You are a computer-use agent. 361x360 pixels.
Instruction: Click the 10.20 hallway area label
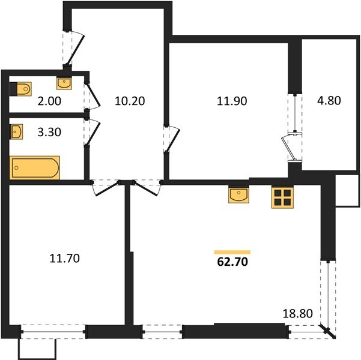coord(130,101)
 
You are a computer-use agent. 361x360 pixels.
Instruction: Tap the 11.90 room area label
coord(232,101)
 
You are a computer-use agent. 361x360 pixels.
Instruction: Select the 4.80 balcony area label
coord(329,101)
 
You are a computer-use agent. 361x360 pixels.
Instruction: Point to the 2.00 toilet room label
coord(49,101)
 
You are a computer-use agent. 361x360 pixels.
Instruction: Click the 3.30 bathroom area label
coord(49,132)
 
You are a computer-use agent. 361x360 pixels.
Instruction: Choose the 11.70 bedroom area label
coord(64,258)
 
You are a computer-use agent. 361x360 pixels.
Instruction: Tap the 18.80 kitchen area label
coord(297,313)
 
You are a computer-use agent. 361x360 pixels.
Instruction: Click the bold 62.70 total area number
coord(232,262)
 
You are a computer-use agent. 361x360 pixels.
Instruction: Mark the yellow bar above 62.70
coord(232,252)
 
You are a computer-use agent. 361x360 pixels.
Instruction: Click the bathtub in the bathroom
coord(35,167)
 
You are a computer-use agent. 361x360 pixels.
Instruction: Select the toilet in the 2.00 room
coord(20,89)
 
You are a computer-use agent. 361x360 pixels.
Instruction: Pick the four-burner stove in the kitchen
coord(282,197)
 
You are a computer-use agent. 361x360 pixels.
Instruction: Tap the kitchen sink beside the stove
coord(238,194)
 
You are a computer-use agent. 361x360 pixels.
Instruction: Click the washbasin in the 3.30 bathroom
coord(16,131)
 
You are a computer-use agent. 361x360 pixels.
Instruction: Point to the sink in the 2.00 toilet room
coord(64,83)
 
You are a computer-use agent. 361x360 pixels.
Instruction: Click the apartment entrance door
coord(74,48)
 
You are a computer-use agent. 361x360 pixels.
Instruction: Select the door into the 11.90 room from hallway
coord(172,139)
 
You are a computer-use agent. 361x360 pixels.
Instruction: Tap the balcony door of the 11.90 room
coord(291,147)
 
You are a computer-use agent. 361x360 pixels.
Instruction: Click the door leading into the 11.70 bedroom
coord(106,188)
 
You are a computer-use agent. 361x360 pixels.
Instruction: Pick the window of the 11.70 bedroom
coord(53,331)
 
